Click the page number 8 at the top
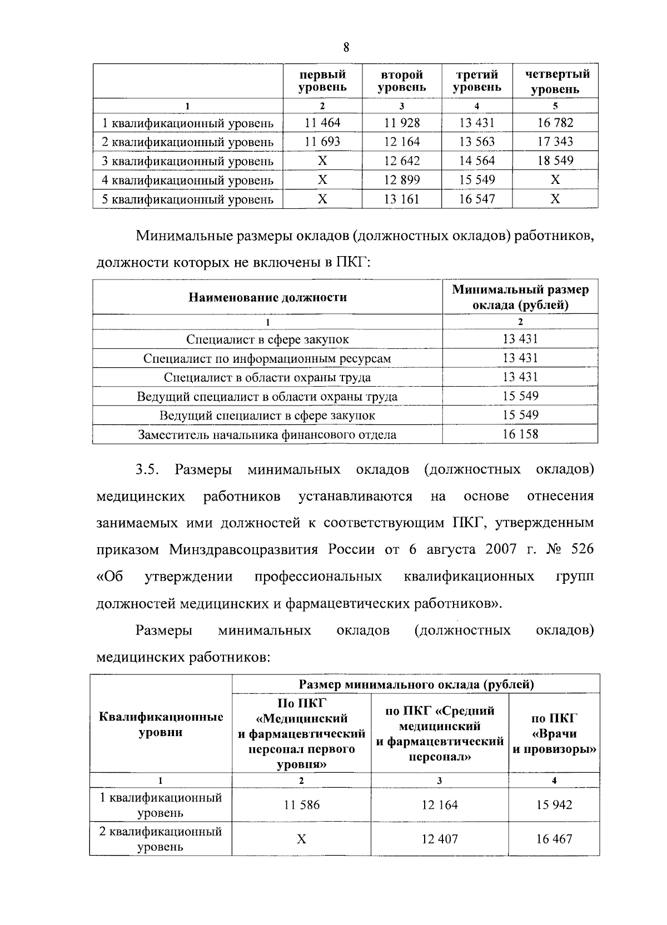pos(346,47)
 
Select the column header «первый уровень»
pos(322,81)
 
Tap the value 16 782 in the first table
pos(555,123)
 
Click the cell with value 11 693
pos(322,142)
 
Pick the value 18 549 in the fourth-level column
pos(555,161)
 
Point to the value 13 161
pos(402,199)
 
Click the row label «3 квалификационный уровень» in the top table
pos(187,161)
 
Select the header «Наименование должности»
pos(267,297)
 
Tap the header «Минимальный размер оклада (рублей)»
pos(520,297)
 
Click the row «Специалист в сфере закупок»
pos(267,339)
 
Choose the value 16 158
pos(520,434)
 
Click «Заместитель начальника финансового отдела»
pos(267,434)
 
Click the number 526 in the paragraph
pos(582,549)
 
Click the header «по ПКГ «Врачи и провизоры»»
pos(554,733)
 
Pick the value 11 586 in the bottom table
pos(301,804)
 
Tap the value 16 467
pos(554,839)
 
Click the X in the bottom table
pos(301,839)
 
